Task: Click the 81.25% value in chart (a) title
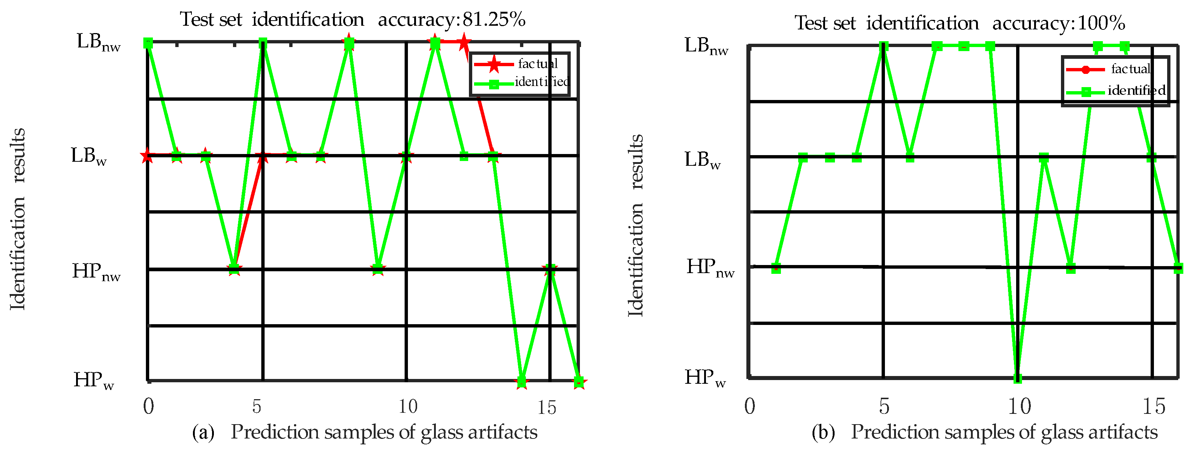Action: click(494, 19)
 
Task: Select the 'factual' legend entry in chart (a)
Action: click(537, 64)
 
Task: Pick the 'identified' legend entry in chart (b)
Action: click(1136, 90)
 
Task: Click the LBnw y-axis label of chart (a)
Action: click(98, 42)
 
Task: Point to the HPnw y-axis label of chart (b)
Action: click(710, 268)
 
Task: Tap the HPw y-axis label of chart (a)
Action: click(94, 380)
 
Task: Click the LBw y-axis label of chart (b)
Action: click(702, 160)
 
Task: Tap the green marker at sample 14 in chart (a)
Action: click(521, 382)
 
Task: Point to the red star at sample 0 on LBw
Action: click(147, 156)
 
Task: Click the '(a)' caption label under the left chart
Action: click(203, 433)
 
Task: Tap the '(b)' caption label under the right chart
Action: click(823, 433)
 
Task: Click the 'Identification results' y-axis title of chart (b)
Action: click(635, 225)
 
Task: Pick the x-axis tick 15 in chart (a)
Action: click(547, 407)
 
